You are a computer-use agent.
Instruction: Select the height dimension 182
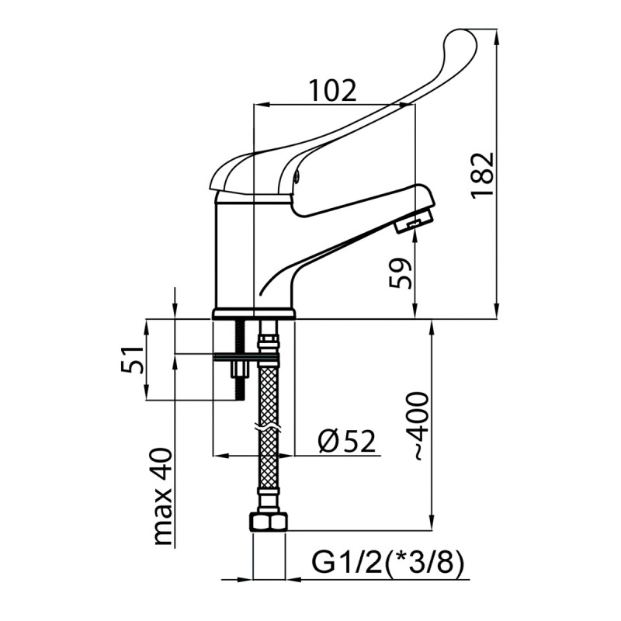point(482,175)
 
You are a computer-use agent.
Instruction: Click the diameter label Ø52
point(347,442)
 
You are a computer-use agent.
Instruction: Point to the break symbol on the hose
point(268,428)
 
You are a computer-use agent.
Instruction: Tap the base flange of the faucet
point(254,314)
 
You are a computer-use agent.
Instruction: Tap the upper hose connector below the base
point(268,342)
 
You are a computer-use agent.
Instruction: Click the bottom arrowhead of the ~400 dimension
point(432,526)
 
